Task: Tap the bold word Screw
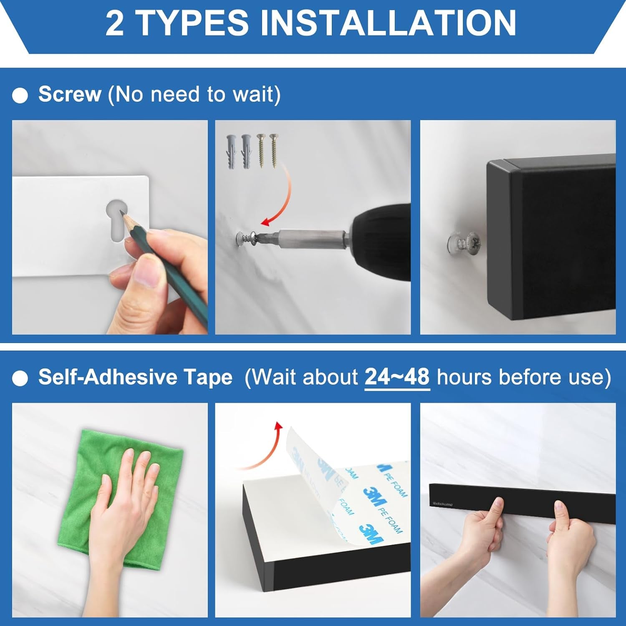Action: coord(70,94)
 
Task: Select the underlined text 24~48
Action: coord(397,377)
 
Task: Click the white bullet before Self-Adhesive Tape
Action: coord(20,379)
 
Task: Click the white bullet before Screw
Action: coord(20,96)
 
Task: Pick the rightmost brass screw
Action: coord(274,150)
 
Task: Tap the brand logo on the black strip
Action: coord(443,504)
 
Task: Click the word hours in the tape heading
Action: coord(464,377)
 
